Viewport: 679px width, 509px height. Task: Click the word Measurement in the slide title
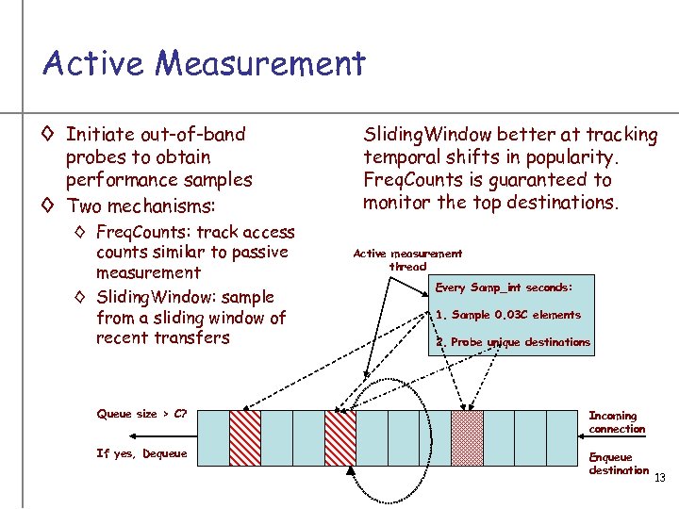(x=259, y=63)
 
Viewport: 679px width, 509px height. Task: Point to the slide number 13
(x=659, y=478)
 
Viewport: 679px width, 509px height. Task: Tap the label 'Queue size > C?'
(x=148, y=414)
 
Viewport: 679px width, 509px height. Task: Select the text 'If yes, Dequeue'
(x=141, y=453)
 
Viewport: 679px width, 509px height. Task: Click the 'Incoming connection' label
(x=617, y=422)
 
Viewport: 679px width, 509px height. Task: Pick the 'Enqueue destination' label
(x=618, y=464)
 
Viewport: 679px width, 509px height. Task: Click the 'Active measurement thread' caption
(x=407, y=259)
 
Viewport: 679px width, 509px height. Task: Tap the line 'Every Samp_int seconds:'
(x=504, y=287)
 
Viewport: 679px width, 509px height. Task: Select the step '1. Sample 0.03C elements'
(x=508, y=315)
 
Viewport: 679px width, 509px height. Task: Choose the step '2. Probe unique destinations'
(x=512, y=342)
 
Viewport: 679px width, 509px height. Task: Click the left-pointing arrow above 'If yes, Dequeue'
(x=160, y=435)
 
